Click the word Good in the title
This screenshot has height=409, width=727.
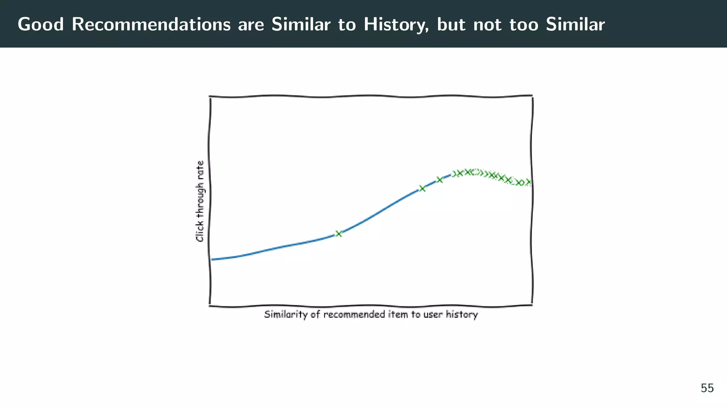coord(41,24)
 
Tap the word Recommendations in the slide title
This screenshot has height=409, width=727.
coord(151,24)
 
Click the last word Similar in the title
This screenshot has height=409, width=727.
coord(575,24)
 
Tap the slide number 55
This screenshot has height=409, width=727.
coord(707,388)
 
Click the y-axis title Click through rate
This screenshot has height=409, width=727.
coord(200,201)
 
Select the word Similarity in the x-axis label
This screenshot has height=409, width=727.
coord(286,315)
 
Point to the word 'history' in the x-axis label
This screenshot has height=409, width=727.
coord(462,315)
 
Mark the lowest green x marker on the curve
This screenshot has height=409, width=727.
coord(339,233)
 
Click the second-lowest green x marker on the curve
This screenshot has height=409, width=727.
coord(422,188)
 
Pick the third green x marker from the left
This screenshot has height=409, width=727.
coord(439,180)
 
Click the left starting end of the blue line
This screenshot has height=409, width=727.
coord(212,260)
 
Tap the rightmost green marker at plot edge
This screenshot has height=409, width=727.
coord(528,182)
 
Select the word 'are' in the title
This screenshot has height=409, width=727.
coord(251,24)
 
